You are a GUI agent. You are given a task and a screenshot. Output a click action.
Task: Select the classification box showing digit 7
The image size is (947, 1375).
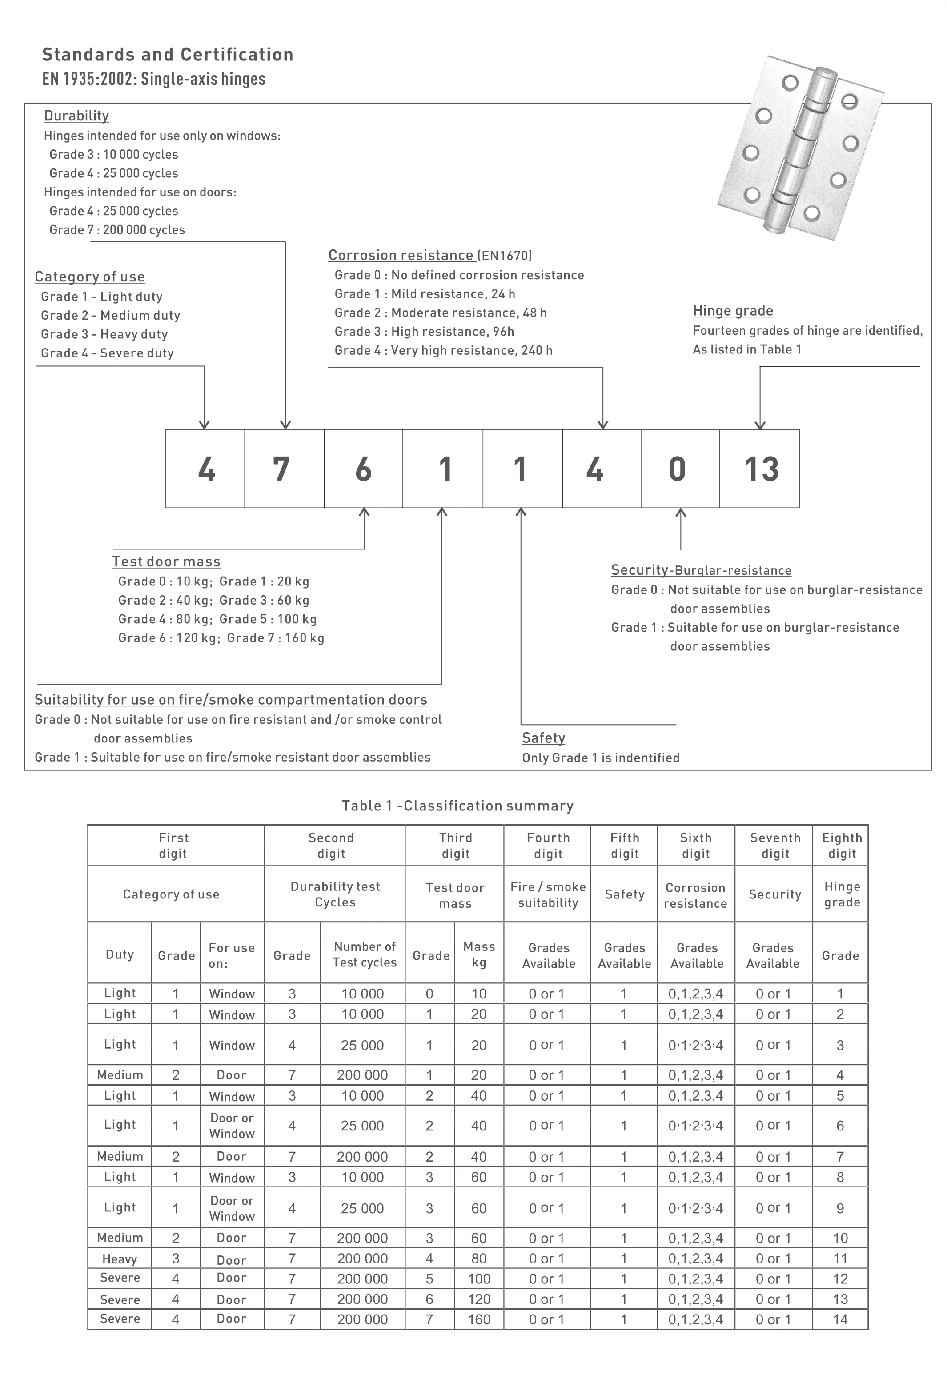click(x=284, y=469)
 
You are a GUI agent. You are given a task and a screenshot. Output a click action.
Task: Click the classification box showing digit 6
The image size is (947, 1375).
click(x=363, y=469)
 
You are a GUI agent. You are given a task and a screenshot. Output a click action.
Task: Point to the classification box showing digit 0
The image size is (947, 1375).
click(x=679, y=469)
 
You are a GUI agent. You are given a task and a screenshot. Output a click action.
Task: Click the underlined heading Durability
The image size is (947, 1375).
click(x=76, y=116)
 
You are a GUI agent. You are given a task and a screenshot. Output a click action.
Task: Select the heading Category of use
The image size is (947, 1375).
click(x=90, y=277)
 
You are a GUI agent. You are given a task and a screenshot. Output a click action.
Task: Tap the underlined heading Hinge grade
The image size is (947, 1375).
click(x=733, y=311)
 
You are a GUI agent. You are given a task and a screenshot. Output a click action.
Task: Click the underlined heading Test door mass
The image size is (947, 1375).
click(x=166, y=562)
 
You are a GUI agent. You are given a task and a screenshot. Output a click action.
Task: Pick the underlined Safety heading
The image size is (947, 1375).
click(x=543, y=738)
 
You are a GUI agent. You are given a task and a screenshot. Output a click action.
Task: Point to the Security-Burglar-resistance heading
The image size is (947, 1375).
click(x=701, y=570)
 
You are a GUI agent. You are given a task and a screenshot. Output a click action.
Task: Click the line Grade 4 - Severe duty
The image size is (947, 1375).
click(x=108, y=353)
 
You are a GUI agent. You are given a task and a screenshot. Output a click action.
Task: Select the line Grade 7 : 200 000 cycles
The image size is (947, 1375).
click(x=117, y=229)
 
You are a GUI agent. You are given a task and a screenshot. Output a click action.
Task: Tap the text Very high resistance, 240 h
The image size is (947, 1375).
click(x=472, y=351)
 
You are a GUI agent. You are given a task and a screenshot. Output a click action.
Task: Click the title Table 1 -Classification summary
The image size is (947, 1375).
click(x=457, y=806)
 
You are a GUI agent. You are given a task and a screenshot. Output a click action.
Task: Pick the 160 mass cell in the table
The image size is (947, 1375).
click(x=479, y=1320)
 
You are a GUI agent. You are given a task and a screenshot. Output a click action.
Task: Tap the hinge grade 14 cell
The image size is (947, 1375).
click(x=840, y=1320)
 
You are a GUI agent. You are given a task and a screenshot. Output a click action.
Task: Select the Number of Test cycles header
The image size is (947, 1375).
click(x=364, y=954)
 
